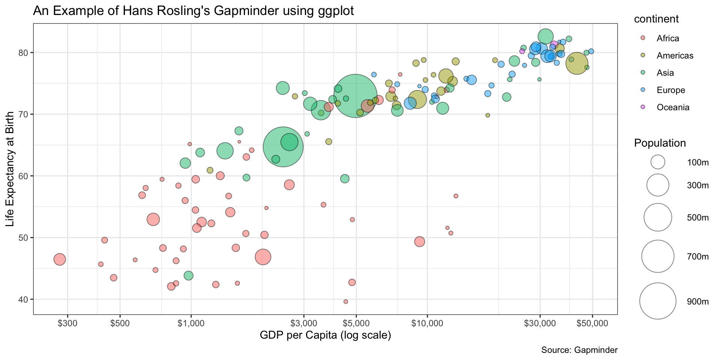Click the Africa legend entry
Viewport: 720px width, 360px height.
tap(667, 38)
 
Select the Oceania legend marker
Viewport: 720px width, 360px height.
tap(643, 107)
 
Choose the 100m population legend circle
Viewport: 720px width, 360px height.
tap(658, 162)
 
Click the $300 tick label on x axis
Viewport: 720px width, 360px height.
tap(67, 323)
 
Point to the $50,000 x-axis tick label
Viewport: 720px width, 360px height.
tap(592, 323)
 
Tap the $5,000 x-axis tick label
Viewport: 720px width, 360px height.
tap(356, 323)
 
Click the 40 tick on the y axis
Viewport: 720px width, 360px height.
tap(24, 299)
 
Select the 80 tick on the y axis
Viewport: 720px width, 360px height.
tap(24, 52)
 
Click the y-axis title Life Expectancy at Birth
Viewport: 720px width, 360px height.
tap(10, 169)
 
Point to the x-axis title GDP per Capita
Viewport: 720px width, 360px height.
tap(325, 335)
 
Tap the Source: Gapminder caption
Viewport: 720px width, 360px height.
tap(579, 350)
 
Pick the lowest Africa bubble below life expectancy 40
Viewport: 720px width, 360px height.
tap(346, 301)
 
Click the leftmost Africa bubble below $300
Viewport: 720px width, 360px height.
tap(60, 259)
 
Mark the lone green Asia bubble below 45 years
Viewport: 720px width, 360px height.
tap(189, 276)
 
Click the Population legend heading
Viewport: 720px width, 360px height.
tap(660, 143)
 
